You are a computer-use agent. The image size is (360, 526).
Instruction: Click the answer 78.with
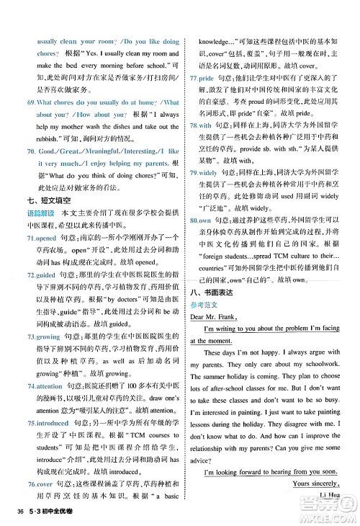coord(201,125)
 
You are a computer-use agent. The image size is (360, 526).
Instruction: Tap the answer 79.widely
coord(204,174)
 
